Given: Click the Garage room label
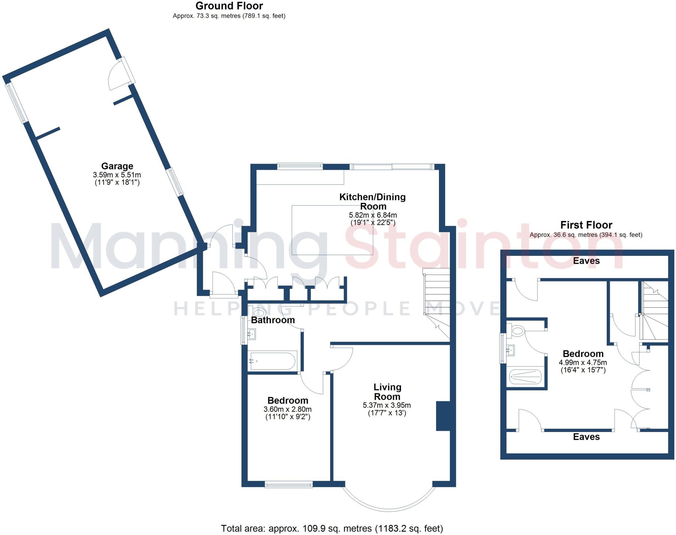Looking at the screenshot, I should pyautogui.click(x=117, y=166).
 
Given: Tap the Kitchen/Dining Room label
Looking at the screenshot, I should pyautogui.click(x=373, y=202).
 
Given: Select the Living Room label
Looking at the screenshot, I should pyautogui.click(x=387, y=392).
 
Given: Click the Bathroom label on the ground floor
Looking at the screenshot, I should pyautogui.click(x=273, y=320).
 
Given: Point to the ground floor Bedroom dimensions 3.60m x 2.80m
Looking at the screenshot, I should pyautogui.click(x=287, y=409).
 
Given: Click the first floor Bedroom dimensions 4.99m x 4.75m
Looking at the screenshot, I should pyautogui.click(x=583, y=362).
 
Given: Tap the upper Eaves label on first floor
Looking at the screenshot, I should pyautogui.click(x=586, y=261).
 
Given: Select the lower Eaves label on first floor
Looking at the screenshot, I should pyautogui.click(x=586, y=437).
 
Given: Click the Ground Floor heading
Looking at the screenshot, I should pyautogui.click(x=229, y=6).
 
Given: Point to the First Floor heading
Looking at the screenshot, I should pyautogui.click(x=586, y=225).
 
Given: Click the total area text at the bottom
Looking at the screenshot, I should pyautogui.click(x=332, y=528).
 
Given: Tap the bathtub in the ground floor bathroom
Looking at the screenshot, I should pyautogui.click(x=273, y=361).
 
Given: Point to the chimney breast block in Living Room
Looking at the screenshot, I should pyautogui.click(x=443, y=416).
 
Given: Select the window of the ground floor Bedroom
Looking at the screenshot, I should pyautogui.click(x=288, y=485).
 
